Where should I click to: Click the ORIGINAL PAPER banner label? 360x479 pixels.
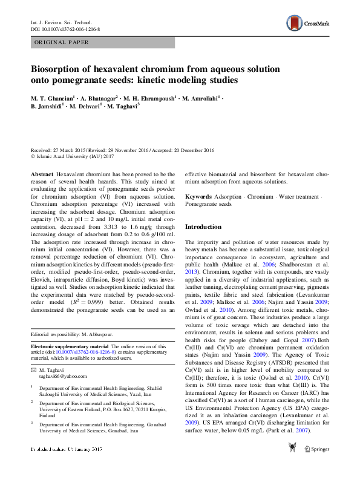[61, 42]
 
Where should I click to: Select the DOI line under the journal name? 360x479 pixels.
[65, 28]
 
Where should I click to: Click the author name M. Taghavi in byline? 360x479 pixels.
[123, 106]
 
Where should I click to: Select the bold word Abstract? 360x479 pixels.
[42, 173]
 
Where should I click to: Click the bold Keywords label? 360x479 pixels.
[198, 197]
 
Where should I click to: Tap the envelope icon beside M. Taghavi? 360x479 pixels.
[34, 369]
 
